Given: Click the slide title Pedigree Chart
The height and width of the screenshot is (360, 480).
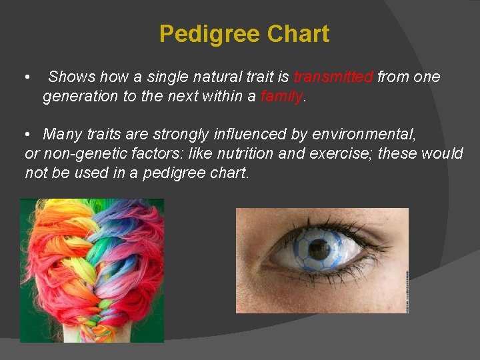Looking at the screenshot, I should pyautogui.click(x=244, y=34).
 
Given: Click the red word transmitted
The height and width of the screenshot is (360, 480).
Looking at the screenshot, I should pyautogui.click(x=333, y=77).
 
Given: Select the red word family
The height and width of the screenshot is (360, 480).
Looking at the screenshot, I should pyautogui.click(x=281, y=96).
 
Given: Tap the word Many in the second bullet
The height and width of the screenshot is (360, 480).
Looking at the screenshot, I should pyautogui.click(x=62, y=135).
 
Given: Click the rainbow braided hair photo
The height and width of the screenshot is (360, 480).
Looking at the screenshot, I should pyautogui.click(x=91, y=270).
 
